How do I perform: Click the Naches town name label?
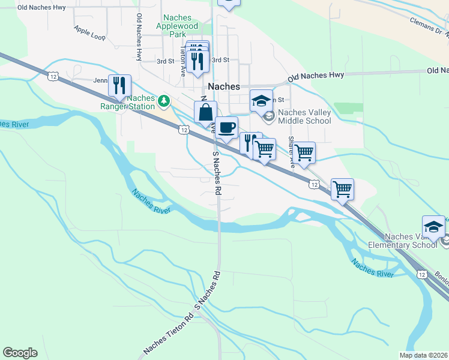tap(224, 86)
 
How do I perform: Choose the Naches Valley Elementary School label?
tap(411, 241)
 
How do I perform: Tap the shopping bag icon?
tap(205, 112)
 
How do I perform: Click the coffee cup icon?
tap(226, 127)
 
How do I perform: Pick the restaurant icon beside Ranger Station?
tap(119, 85)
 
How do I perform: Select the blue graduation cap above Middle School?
tap(262, 101)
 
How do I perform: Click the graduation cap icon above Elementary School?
tap(433, 226)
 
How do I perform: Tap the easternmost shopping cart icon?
tap(342, 190)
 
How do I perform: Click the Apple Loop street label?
tap(89, 32)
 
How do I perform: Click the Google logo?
tap(20, 353)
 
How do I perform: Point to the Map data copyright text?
tap(423, 355)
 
